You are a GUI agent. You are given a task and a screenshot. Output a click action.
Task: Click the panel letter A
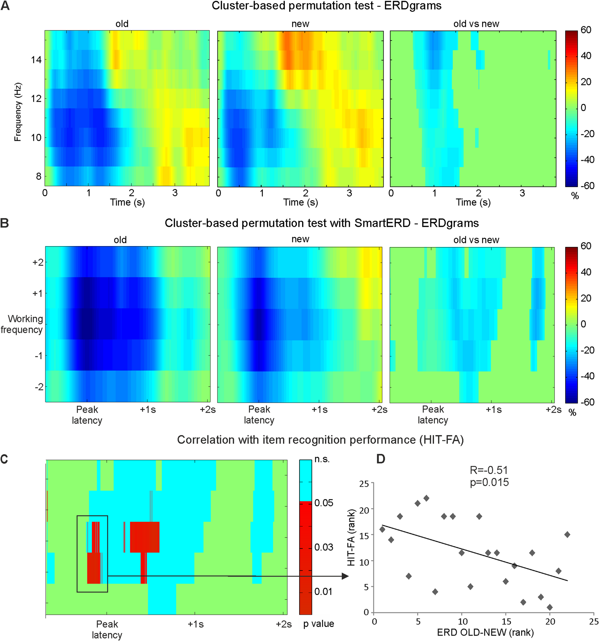click(x=5, y=5)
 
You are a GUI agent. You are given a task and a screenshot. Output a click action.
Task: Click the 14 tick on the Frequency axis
click(x=36, y=60)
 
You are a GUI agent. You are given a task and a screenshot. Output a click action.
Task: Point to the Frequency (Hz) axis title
click(x=18, y=112)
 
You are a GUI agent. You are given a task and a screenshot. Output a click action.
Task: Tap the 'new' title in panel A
click(x=300, y=24)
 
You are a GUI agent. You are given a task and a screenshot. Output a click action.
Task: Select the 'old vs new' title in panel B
click(x=476, y=240)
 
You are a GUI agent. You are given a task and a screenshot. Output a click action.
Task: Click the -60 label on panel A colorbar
click(x=586, y=186)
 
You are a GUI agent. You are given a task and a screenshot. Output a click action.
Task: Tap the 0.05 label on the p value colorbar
click(x=323, y=503)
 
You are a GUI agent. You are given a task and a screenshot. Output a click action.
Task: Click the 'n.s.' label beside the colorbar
click(x=322, y=459)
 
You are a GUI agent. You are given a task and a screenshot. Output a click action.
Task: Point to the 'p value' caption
click(x=318, y=624)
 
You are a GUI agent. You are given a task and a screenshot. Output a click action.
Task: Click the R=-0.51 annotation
click(x=489, y=470)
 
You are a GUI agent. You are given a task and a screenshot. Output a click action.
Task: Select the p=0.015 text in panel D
click(x=489, y=482)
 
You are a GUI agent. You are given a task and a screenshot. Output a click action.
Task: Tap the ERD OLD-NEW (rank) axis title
click(x=485, y=633)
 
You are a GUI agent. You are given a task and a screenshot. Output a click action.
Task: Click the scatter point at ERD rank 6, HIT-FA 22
click(x=426, y=498)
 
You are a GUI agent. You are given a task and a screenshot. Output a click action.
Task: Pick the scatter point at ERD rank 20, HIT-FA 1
click(x=550, y=608)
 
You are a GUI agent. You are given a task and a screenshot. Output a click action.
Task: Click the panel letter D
click(x=381, y=458)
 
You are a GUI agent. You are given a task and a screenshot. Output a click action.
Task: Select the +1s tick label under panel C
click(x=195, y=625)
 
